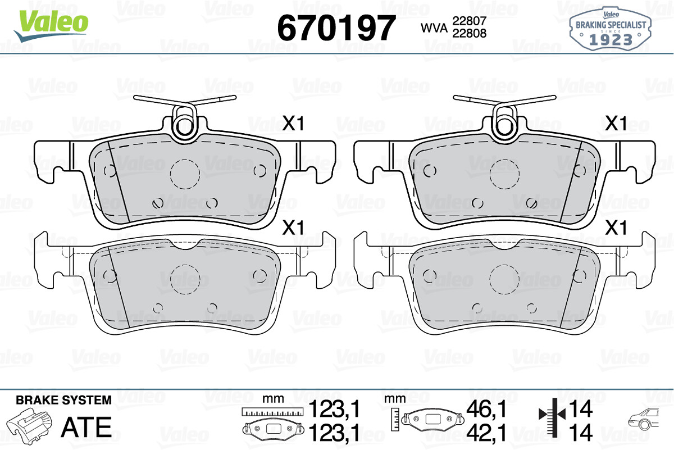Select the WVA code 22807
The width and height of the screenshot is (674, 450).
click(x=468, y=20)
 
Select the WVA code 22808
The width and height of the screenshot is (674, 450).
click(x=468, y=33)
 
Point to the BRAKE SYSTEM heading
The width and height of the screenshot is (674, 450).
click(x=63, y=401)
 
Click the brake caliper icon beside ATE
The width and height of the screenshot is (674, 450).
click(x=32, y=425)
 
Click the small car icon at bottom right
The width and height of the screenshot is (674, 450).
click(x=648, y=420)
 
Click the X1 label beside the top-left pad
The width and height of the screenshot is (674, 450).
click(x=293, y=124)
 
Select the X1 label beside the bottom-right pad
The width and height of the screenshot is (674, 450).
click(x=616, y=228)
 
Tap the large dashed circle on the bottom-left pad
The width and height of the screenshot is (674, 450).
click(x=185, y=279)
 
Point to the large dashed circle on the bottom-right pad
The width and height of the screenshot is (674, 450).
click(x=504, y=279)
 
